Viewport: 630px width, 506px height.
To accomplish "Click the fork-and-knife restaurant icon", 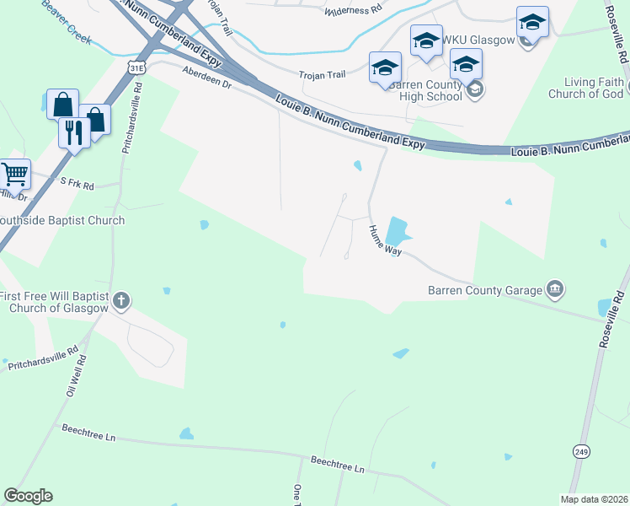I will (x=74, y=132).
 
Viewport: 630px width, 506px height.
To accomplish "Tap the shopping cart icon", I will (x=14, y=175).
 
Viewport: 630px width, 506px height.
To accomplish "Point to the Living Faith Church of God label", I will (x=586, y=88).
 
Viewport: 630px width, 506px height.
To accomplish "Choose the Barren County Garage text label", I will (x=484, y=291).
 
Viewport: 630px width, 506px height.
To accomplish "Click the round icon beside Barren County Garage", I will (x=555, y=290).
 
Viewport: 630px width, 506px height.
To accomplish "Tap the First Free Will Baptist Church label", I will (x=54, y=302).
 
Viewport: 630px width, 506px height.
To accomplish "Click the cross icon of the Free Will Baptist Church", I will (x=121, y=300).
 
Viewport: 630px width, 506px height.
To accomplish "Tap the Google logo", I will (x=28, y=496).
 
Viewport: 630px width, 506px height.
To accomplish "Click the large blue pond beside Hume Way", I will (x=395, y=232).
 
